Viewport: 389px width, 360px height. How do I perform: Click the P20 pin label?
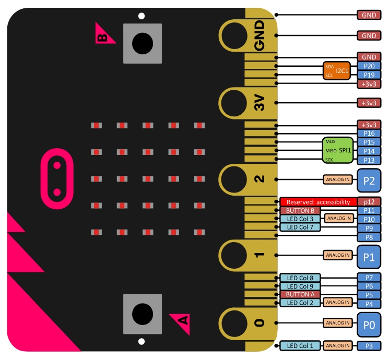369,66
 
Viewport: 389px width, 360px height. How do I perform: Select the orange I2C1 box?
337,70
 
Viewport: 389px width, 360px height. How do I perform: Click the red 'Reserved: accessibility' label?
318,201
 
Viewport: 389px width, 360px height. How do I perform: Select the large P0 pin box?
369,323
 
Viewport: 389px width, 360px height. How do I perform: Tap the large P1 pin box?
369,256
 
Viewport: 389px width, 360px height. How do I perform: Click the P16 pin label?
369,134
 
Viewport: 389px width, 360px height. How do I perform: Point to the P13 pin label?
369,160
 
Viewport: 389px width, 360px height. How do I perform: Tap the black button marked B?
142,43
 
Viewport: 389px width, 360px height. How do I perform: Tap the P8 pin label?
369,237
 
